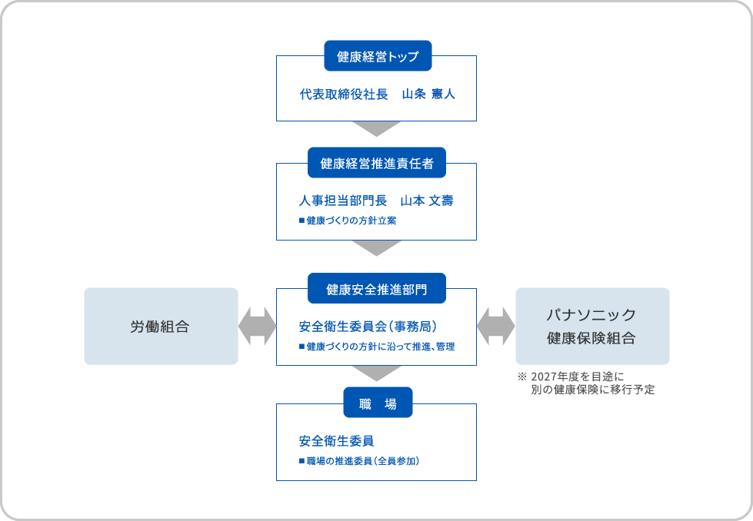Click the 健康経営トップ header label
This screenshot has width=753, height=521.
[376, 56]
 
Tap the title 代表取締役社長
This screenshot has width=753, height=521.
[344, 95]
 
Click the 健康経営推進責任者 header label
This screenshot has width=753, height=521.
[376, 163]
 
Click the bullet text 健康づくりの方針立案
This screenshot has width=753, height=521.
[352, 221]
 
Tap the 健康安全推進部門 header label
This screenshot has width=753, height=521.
[376, 289]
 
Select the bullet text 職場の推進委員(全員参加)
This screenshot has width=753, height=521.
[362, 461]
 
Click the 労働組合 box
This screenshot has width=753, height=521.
[160, 326]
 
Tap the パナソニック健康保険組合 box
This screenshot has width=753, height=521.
[591, 326]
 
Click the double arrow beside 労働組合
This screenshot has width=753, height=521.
[257, 326]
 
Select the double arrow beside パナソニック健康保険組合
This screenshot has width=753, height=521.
[495, 326]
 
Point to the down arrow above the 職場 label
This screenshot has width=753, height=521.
[376, 373]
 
